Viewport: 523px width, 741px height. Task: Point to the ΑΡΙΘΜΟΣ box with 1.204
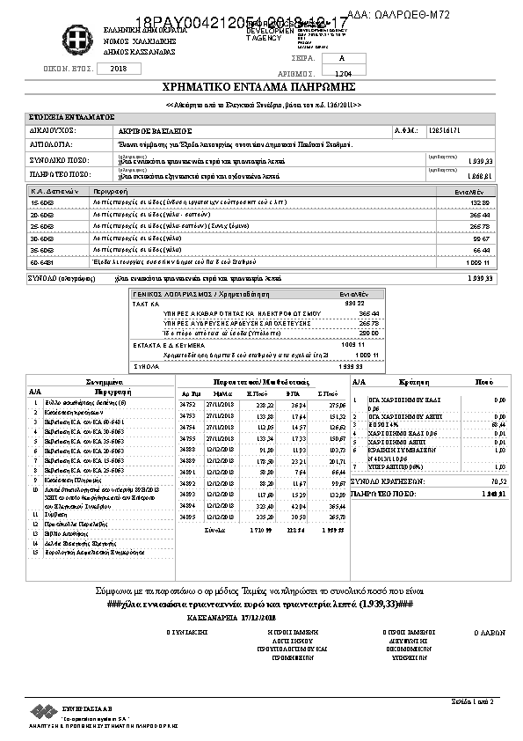click(x=343, y=73)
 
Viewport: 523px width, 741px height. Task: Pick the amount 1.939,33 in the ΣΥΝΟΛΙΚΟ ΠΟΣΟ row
click(x=481, y=162)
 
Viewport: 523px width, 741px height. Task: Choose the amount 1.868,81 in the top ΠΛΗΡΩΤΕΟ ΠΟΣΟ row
click(x=481, y=175)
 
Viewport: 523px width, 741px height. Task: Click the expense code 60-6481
click(x=42, y=262)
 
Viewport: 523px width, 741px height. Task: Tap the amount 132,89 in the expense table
click(x=480, y=202)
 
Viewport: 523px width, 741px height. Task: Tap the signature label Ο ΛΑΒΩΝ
click(x=486, y=632)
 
